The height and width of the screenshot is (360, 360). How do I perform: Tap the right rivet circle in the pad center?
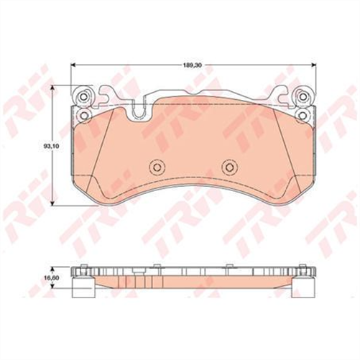(229, 167)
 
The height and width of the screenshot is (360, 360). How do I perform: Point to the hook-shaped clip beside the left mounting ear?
(108, 94)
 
